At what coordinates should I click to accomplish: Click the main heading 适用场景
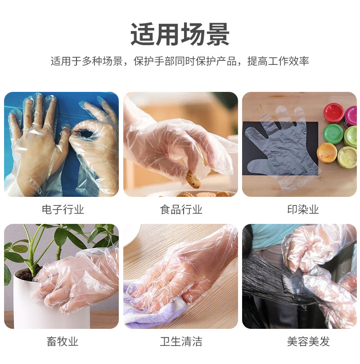pyautogui.click(x=180, y=34)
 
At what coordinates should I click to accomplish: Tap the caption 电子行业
pyautogui.click(x=63, y=209)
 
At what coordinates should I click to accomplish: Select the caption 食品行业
pyautogui.click(x=181, y=209)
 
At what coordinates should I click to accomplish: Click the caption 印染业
pyautogui.click(x=303, y=209)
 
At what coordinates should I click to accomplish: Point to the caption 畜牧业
pyautogui.click(x=63, y=341)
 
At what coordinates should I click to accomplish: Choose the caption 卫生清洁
pyautogui.click(x=181, y=341)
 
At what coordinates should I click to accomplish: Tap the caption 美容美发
pyautogui.click(x=308, y=341)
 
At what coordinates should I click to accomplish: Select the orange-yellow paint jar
pyautogui.click(x=327, y=153)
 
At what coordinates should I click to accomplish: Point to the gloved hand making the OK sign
pyautogui.click(x=95, y=149)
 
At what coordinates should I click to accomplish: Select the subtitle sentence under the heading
pyautogui.click(x=180, y=61)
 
